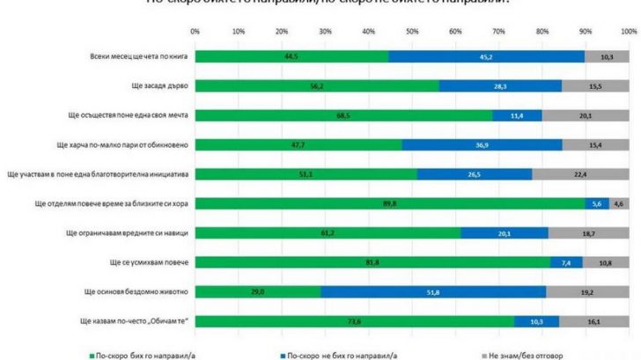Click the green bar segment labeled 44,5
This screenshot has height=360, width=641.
[x=291, y=56]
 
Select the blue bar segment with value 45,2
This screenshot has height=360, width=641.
[x=486, y=56]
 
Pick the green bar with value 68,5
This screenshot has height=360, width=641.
[x=343, y=115]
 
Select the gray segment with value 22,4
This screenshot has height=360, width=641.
[x=580, y=173]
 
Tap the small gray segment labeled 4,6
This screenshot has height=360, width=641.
[x=618, y=202]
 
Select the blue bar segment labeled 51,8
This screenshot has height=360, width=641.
[x=433, y=290]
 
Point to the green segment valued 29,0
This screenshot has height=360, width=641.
[x=257, y=290]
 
